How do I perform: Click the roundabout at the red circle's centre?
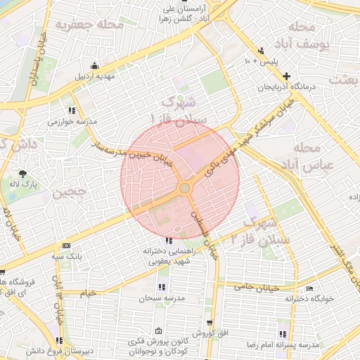pos(184,188)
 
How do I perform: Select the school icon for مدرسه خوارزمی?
pos(72,110)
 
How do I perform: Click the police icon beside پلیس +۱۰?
pos(261,51)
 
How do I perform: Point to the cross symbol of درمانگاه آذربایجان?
pos(286,75)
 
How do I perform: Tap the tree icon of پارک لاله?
pos(23,173)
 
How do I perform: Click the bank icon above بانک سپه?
pos(66,246)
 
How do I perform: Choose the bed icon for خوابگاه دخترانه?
pos(310,289)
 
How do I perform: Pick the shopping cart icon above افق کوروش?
pos(210,321)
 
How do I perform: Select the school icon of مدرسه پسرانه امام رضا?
pos(283,334)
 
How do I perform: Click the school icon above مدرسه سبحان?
pos(162,287)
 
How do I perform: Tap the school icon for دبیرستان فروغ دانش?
pos(59,341)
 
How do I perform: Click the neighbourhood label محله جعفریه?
pos(98,26)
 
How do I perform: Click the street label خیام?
pos(89,292)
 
